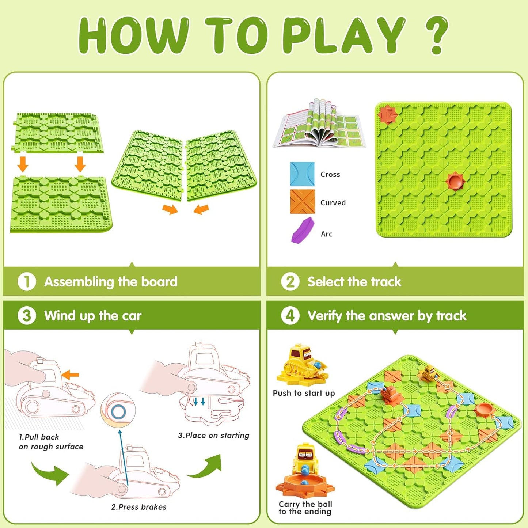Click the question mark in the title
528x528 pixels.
437,35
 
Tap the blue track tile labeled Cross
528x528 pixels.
302,174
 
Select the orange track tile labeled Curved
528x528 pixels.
302,201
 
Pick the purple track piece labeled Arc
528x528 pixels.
303,230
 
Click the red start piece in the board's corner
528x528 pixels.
387,114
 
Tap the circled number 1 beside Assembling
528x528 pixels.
27,282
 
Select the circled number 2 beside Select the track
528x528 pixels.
290,282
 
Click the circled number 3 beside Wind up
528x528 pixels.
27,316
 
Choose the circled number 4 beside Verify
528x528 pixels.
290,316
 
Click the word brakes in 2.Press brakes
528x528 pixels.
153,507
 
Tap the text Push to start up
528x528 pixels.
304,393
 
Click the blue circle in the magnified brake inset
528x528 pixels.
118,412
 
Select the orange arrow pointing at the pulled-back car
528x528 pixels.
70,375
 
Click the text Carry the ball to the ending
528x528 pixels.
305,508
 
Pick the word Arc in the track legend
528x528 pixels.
326,234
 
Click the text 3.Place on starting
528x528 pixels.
214,436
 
